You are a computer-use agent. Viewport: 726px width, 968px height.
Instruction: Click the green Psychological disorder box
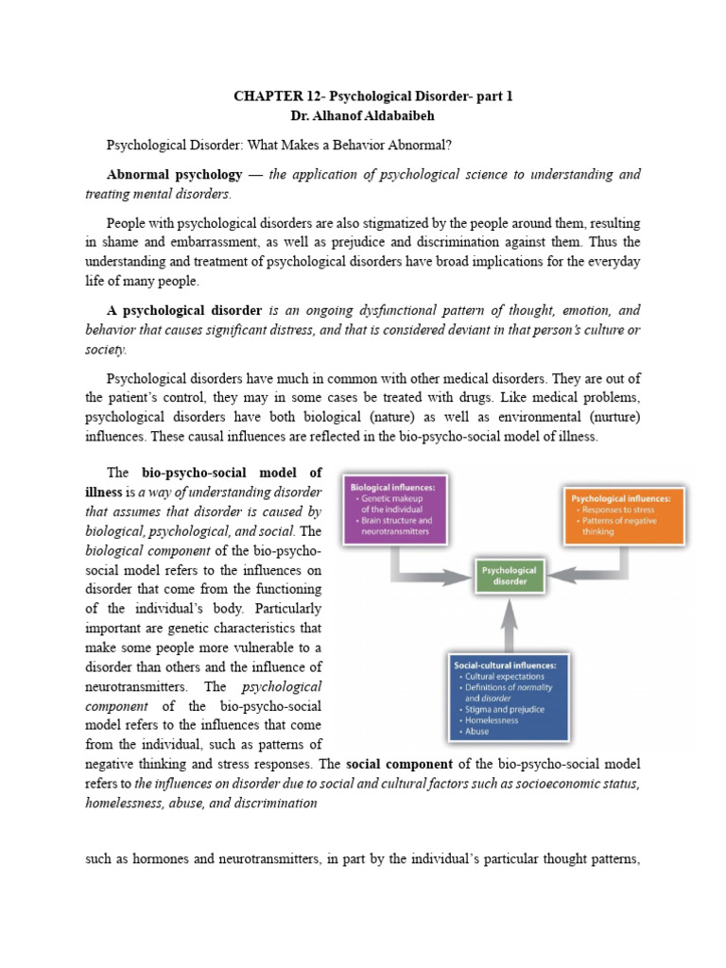tap(510, 576)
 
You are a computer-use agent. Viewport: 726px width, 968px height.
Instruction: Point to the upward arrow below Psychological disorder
tap(510, 624)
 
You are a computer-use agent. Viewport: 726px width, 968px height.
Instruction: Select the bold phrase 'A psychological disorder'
tap(184, 310)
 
